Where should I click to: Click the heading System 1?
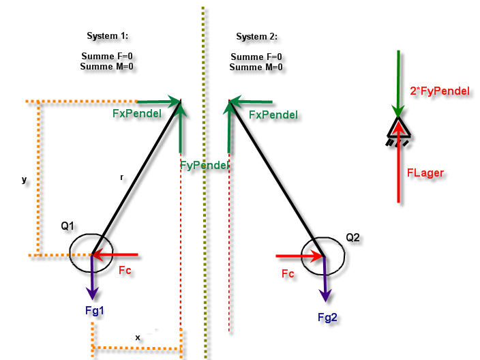tap(108, 36)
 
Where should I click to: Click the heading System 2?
tap(256, 36)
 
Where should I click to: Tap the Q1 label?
tap(67, 226)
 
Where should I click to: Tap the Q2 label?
tap(352, 237)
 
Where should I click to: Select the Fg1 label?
tap(95, 311)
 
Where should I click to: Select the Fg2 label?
tap(327, 317)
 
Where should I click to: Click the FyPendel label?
tap(204, 165)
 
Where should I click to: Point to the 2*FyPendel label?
tap(440, 91)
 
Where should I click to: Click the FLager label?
tap(425, 173)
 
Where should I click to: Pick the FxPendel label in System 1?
tap(137, 114)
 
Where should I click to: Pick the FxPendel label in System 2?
tap(273, 115)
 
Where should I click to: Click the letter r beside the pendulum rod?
tap(122, 177)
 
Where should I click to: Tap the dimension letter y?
tap(24, 180)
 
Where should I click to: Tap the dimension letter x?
tap(138, 337)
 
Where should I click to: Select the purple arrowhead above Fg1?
tap(92, 293)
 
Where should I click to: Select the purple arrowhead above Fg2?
tap(325, 295)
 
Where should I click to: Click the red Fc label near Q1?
tap(125, 270)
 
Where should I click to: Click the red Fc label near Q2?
tap(288, 273)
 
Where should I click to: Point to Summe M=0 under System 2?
tap(256, 67)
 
